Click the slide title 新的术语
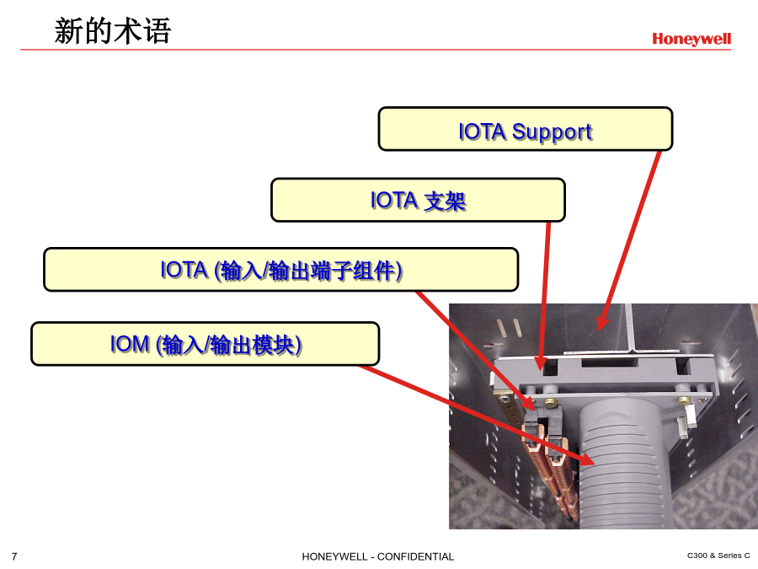(x=113, y=31)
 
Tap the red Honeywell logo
(x=691, y=39)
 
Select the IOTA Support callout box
(x=526, y=129)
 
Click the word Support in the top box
(x=552, y=132)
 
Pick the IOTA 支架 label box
(x=418, y=201)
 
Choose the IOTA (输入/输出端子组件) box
(x=280, y=270)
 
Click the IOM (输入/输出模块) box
(x=205, y=344)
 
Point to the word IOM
(x=130, y=344)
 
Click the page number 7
(x=14, y=556)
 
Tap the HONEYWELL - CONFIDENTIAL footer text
(x=378, y=556)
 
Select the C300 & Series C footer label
(x=718, y=556)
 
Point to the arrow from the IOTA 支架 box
(x=544, y=296)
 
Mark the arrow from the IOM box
(x=478, y=415)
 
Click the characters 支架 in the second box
(x=446, y=201)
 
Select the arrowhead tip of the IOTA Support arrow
(x=600, y=331)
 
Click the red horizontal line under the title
(x=376, y=50)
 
